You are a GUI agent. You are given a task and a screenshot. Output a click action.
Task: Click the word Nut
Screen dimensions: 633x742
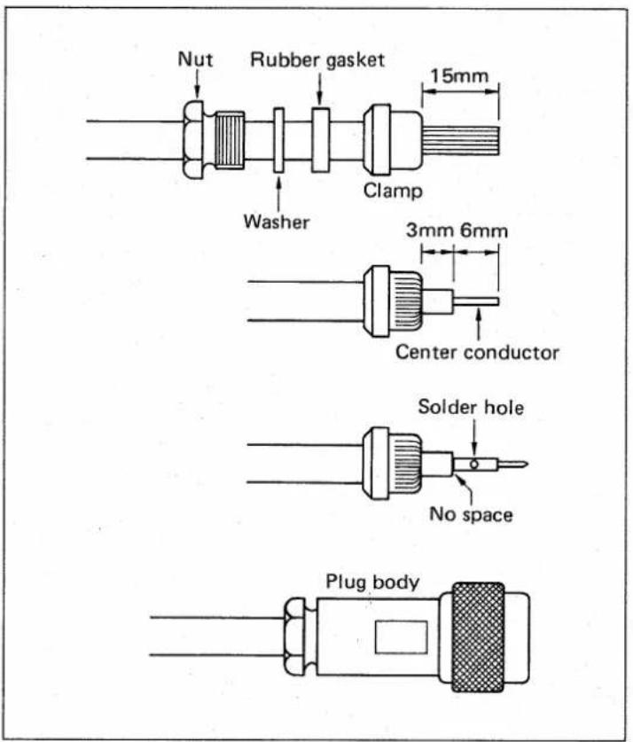(195, 59)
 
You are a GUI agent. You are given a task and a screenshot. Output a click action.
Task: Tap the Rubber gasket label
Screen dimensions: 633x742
(317, 60)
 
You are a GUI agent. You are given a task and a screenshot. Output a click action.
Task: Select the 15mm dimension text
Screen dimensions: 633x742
(459, 75)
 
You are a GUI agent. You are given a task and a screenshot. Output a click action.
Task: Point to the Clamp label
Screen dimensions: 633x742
(393, 191)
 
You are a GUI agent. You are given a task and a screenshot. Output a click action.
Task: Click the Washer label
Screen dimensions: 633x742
(277, 222)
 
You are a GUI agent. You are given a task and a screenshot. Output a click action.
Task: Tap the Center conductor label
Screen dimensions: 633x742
(477, 353)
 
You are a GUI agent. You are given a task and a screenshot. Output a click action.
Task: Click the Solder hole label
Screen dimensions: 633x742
(471, 408)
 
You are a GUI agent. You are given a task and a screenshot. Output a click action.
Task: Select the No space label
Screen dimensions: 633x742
(471, 514)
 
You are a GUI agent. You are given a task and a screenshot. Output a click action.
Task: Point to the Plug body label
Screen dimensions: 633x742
(372, 582)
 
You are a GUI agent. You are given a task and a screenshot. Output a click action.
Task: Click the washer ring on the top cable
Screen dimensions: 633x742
(278, 141)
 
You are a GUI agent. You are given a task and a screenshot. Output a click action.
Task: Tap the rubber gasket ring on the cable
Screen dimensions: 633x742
(320, 141)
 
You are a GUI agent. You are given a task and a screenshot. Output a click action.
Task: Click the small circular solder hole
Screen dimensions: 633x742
(474, 465)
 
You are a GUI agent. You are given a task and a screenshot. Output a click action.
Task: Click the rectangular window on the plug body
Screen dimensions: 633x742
(402, 637)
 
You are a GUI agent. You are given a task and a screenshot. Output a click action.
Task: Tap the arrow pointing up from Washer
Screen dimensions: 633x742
(278, 194)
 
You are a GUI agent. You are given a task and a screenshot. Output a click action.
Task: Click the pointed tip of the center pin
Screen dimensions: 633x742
(527, 465)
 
